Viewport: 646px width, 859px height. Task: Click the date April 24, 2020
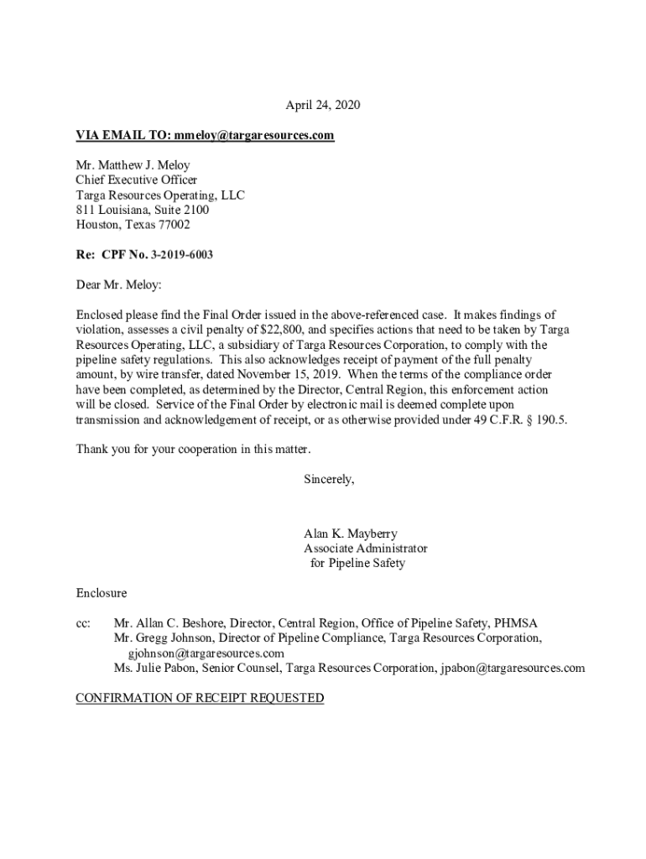[x=322, y=105]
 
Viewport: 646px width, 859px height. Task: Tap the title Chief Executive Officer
[x=137, y=180]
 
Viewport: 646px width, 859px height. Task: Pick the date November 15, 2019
[x=286, y=375]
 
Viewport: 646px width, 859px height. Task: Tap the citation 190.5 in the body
[x=550, y=420]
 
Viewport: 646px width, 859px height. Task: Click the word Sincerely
[x=329, y=479]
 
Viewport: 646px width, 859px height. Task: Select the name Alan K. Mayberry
[x=351, y=534]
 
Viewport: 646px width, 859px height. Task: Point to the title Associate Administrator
[x=365, y=549]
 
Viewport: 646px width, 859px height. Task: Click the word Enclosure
[x=102, y=593]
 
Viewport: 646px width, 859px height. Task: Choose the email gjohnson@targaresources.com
[x=206, y=653]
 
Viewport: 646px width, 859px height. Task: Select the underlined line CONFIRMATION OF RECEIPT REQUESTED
[x=200, y=698]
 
